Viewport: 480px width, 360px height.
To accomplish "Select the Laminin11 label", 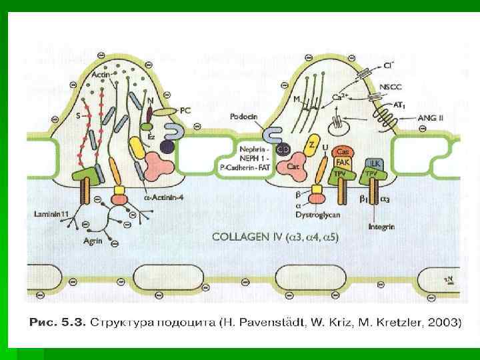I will [51, 214].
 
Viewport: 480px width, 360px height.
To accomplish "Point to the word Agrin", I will [93, 242].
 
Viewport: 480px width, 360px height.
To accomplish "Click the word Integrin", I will [381, 227].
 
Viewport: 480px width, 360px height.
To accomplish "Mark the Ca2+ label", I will [339, 97].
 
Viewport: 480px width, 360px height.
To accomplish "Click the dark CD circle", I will [283, 148].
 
